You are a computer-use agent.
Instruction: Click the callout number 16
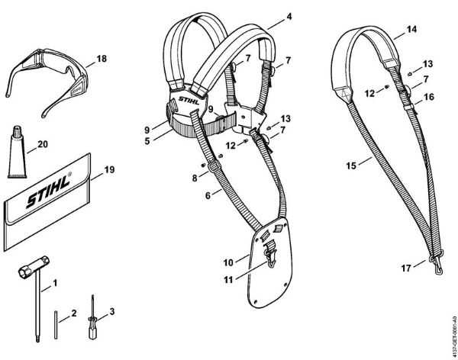428,97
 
